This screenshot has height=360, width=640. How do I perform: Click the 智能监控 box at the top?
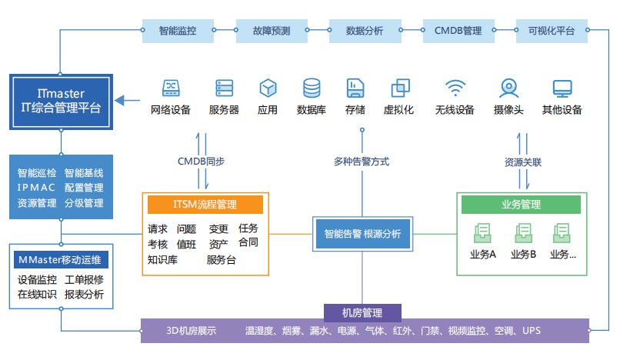[x=178, y=32]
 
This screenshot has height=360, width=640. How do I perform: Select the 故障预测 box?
[x=272, y=32]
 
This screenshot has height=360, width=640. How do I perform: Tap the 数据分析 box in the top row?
[x=365, y=32]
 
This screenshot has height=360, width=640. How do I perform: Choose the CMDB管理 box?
[x=458, y=32]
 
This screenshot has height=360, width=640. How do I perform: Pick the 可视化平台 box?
[x=552, y=32]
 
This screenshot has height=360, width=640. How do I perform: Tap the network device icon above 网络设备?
[x=171, y=87]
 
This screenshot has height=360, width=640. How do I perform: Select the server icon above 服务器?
[x=224, y=87]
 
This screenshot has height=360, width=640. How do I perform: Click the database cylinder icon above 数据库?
[x=312, y=87]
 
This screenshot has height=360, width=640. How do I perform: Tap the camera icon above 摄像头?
[x=508, y=87]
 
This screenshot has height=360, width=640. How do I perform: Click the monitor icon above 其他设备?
[x=562, y=87]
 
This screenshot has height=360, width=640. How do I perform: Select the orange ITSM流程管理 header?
[x=205, y=204]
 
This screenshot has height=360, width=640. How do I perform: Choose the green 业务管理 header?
[x=520, y=205]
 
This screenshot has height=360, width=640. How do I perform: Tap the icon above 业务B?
[x=523, y=233]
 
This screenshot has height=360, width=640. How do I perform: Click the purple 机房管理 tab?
[x=362, y=312]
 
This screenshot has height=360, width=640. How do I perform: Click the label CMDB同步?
[x=201, y=162]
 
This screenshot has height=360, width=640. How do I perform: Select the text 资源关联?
[x=523, y=162]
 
